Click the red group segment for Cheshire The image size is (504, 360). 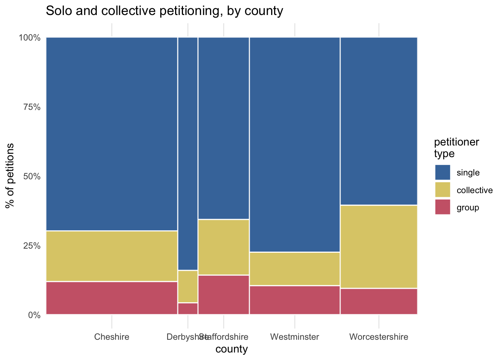pos(112,298)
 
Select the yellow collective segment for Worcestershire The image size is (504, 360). pos(379,246)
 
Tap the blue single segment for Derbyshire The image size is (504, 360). pos(187,153)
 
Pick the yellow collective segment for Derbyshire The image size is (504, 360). pos(187,286)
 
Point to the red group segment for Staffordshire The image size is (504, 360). pos(223,295)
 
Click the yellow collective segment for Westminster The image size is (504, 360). pos(295,268)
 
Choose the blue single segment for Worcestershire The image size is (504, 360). pos(379,121)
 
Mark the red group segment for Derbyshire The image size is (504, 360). pos(187,309)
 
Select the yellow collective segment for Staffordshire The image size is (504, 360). pos(223,247)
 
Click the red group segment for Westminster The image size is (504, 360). pos(295,300)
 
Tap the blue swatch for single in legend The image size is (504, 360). pos(442,172)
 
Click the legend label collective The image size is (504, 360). pos(474,190)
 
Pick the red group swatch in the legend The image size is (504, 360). pos(442,207)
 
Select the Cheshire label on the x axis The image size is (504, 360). pos(112,337)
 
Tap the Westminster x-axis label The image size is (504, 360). pos(295,337)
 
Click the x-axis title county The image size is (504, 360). pos(232,349)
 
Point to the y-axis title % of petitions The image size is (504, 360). pos(10,175)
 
